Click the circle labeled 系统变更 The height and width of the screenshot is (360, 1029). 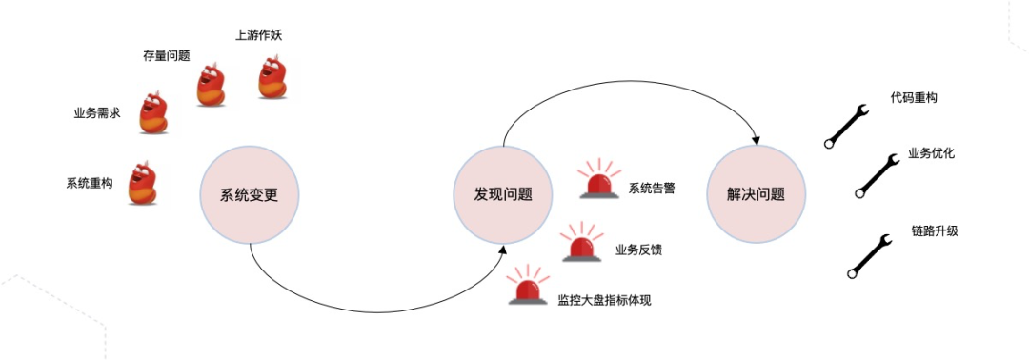pyautogui.click(x=249, y=195)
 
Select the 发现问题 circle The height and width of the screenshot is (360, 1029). pyautogui.click(x=503, y=194)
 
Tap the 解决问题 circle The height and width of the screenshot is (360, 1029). pyautogui.click(x=758, y=194)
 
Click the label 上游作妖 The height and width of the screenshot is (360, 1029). pyautogui.click(x=258, y=36)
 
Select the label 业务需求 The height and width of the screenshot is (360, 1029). pyautogui.click(x=97, y=112)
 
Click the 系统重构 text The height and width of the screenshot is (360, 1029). pyautogui.click(x=89, y=183)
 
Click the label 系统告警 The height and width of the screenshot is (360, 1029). pyautogui.click(x=652, y=188)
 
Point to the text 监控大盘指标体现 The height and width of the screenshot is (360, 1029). pyautogui.click(x=604, y=300)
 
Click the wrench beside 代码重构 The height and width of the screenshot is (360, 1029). pyautogui.click(x=845, y=126)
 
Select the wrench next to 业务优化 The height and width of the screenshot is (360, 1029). pyautogui.click(x=878, y=175)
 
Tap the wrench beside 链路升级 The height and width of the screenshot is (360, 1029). pyautogui.click(x=869, y=255)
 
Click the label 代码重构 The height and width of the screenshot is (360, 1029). pyautogui.click(x=914, y=98)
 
